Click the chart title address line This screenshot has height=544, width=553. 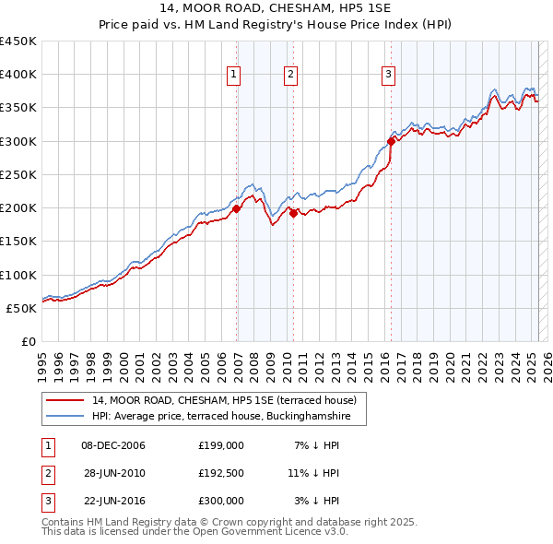click(x=276, y=8)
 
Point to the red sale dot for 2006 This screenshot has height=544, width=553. click(x=237, y=208)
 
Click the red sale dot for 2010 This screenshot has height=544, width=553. click(x=294, y=213)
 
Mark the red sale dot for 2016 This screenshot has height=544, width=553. click(x=391, y=141)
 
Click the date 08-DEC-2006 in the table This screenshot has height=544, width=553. click(x=114, y=445)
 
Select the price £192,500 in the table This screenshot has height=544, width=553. click(x=221, y=473)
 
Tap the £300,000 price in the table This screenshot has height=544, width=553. click(x=221, y=501)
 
